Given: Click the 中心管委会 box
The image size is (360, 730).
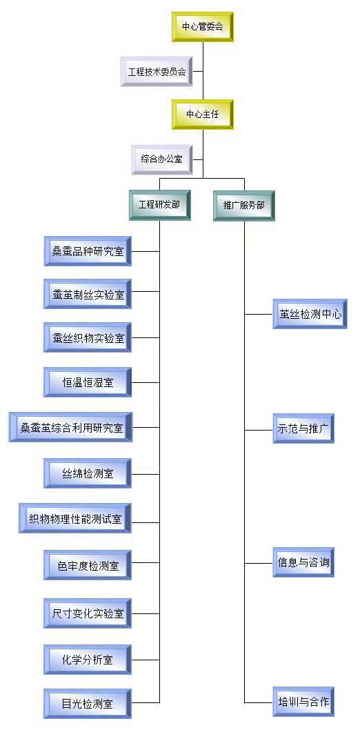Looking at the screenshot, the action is pyautogui.click(x=202, y=27).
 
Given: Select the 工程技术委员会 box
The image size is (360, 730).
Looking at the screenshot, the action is pyautogui.click(x=157, y=72).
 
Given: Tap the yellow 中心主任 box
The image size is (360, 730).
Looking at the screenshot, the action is pyautogui.click(x=202, y=115).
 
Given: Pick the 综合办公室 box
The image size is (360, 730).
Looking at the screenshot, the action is pyautogui.click(x=162, y=159).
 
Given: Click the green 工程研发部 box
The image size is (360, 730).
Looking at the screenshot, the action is pyautogui.click(x=159, y=205).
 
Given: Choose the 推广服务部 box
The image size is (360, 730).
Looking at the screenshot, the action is pyautogui.click(x=244, y=205).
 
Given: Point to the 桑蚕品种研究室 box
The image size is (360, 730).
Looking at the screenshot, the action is pyautogui.click(x=88, y=251).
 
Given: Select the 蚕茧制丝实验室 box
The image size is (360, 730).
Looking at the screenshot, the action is pyautogui.click(x=88, y=294).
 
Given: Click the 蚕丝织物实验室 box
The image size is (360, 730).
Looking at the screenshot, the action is pyautogui.click(x=88, y=337).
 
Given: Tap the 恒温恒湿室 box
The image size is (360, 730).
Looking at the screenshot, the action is pyautogui.click(x=88, y=382).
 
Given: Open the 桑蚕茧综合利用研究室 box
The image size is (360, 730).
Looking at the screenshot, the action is pyautogui.click(x=70, y=427).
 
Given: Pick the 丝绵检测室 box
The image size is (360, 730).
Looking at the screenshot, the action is pyautogui.click(x=88, y=473).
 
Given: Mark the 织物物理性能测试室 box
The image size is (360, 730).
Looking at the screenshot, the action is pyautogui.click(x=75, y=518).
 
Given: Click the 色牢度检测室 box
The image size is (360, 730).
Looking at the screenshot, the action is pyautogui.click(x=88, y=565).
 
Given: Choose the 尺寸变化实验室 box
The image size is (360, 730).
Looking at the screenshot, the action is pyautogui.click(x=88, y=613).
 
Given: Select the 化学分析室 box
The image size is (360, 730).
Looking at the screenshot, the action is pyautogui.click(x=88, y=660).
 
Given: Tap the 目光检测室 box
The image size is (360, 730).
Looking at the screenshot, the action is pyautogui.click(x=88, y=702).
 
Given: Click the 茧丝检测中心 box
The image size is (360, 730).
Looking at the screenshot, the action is pyautogui.click(x=310, y=314).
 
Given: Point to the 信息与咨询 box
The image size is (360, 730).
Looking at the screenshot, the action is pyautogui.click(x=303, y=562).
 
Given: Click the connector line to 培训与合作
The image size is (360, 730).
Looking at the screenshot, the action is pyautogui.click(x=259, y=702).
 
